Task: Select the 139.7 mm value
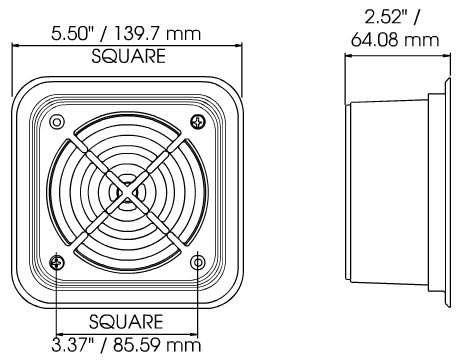click(158, 34)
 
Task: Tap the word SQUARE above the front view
click(128, 56)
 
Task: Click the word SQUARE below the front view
click(126, 322)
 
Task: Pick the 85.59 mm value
click(157, 345)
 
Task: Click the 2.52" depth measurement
click(387, 17)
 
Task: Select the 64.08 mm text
click(395, 40)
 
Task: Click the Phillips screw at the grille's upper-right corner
click(198, 122)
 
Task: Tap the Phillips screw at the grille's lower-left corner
click(57, 263)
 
